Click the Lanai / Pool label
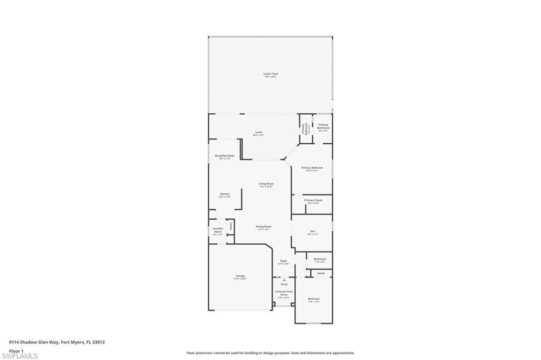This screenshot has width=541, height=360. tap(270, 73)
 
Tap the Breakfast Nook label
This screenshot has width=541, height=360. tap(224, 156)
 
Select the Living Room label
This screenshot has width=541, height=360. tap(266, 184)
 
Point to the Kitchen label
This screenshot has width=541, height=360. tap(225, 195)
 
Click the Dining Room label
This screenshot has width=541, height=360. tap(264, 227)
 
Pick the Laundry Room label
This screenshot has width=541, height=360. tap(218, 230)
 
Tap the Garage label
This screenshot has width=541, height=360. tap(240, 276)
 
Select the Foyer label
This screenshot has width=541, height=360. tap(284, 261)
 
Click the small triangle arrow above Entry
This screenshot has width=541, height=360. tap(284, 280)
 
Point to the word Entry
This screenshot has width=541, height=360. tap(284, 284)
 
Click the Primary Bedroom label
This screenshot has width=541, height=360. tap(312, 168)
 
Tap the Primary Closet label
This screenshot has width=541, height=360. tap(313, 200)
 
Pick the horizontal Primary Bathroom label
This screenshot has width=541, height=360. tap(323, 126)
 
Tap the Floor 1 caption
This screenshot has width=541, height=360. tap(16, 350)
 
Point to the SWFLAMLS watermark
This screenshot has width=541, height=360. tap(20, 356)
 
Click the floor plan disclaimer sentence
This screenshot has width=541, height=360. tap(270, 353)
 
